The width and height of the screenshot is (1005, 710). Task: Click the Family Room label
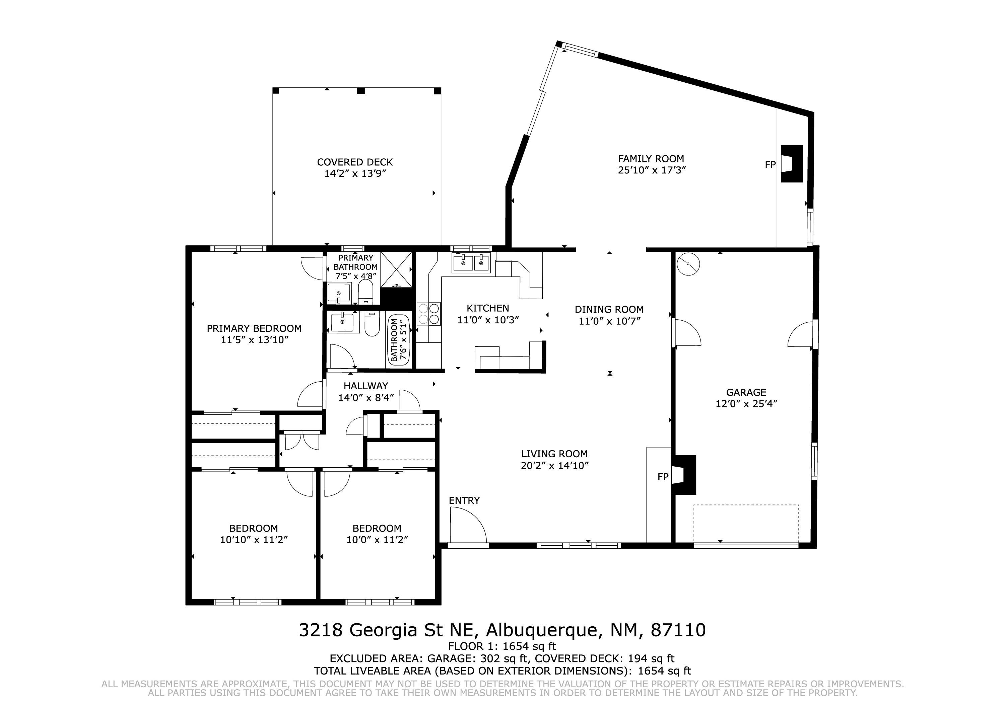coord(651,159)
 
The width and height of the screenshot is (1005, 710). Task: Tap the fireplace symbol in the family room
coord(792,164)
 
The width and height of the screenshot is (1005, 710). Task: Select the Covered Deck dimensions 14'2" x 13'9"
coord(355,174)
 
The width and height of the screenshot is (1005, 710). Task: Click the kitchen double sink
coord(471,263)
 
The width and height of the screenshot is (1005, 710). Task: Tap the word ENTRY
coord(464,500)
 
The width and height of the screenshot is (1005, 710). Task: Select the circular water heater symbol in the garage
coord(688,264)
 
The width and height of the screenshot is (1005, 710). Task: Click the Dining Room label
coord(609,310)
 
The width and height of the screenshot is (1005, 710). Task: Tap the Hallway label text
coord(365,386)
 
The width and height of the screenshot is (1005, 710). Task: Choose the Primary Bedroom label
coord(254,328)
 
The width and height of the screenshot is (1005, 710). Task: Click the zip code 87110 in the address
coord(678,630)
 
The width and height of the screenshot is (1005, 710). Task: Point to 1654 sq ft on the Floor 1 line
coord(529,646)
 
